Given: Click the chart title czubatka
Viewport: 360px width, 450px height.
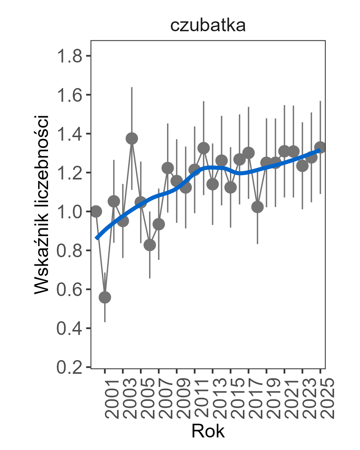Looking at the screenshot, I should [207, 26].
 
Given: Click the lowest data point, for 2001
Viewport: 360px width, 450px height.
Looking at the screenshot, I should [105, 297].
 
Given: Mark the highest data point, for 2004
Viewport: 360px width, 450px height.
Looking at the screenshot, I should [132, 138].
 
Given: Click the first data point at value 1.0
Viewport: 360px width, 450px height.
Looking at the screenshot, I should [96, 211].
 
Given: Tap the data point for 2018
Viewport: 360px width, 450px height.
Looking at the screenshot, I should [257, 207].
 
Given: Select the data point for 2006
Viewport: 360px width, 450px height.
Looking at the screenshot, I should [149, 245].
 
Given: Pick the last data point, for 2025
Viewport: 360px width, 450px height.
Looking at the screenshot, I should [320, 147].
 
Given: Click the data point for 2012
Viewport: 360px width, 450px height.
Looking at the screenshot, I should [204, 148].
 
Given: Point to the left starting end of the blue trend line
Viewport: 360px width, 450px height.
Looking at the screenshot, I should [97, 238].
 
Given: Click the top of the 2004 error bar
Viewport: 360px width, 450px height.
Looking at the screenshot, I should [132, 88].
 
